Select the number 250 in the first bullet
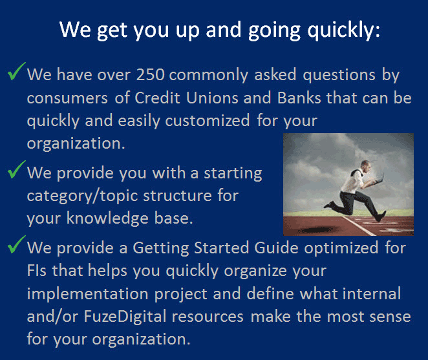[x=151, y=74]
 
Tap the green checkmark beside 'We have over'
[x=16, y=71]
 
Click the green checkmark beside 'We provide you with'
[x=16, y=169]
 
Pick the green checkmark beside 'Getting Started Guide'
[x=16, y=244]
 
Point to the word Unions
[x=212, y=98]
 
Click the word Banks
[x=299, y=98]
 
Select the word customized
[x=208, y=120]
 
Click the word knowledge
[x=107, y=218]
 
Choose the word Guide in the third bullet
[x=276, y=248]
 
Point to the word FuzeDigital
[x=125, y=317]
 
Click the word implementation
[x=88, y=294]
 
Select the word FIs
[x=37, y=271]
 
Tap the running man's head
[x=365, y=165]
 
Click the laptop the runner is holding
[x=378, y=179]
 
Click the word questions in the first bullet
[x=339, y=75]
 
